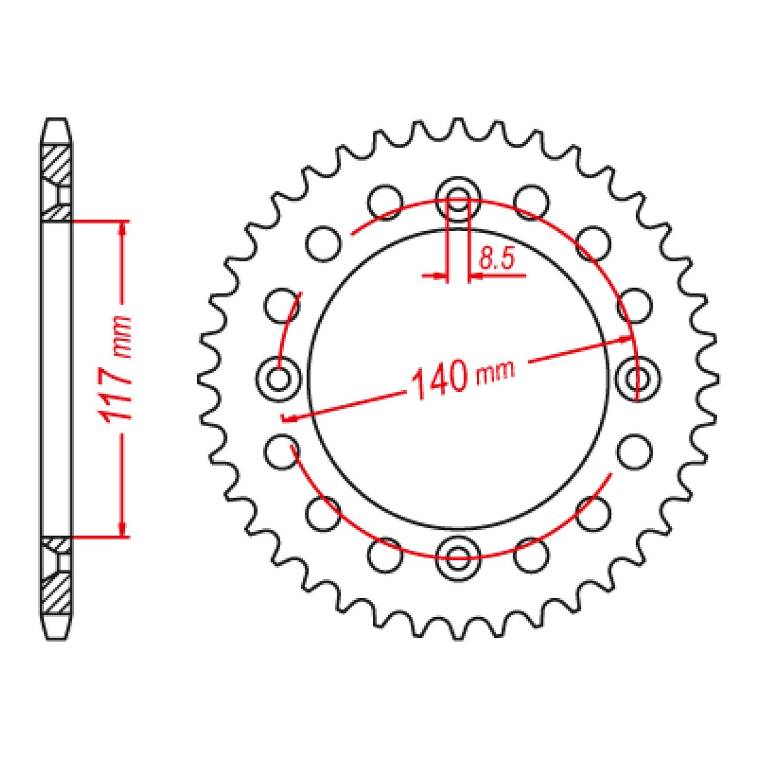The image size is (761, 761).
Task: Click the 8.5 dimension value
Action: (496, 259)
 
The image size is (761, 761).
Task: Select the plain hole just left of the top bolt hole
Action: (386, 202)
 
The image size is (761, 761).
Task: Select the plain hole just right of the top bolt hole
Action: (531, 202)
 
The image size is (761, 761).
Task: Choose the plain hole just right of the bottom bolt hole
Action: (531, 555)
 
